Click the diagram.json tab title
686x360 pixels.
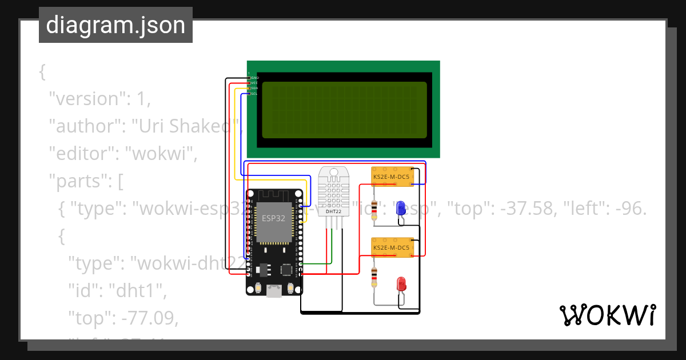[x=115, y=25]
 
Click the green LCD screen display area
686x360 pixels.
[x=344, y=110]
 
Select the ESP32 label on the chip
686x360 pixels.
[x=274, y=218]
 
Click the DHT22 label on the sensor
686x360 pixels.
[x=333, y=212]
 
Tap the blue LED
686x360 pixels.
[x=401, y=207]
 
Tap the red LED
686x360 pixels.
[x=401, y=283]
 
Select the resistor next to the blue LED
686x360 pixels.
[x=374, y=210]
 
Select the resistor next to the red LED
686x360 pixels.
[x=374, y=277]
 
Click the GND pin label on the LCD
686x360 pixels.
[x=255, y=77]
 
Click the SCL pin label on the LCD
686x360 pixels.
[x=254, y=94]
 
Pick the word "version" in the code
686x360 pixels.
[x=85, y=99]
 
